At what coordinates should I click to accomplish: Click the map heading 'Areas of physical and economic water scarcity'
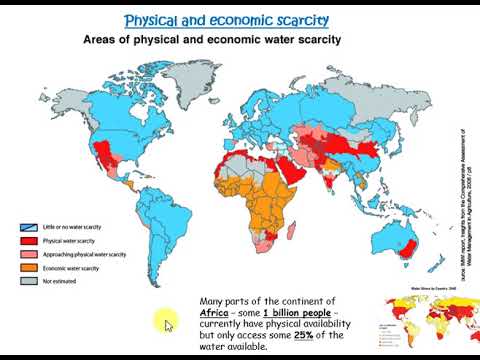click(210, 41)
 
